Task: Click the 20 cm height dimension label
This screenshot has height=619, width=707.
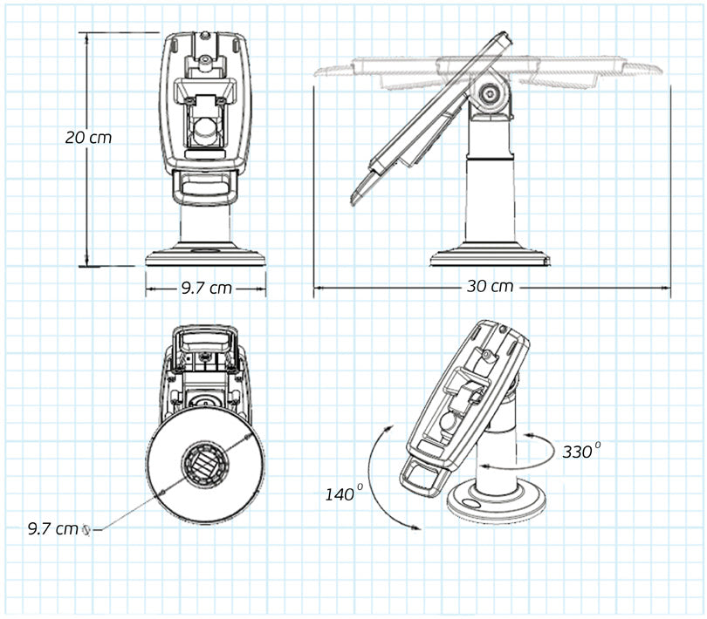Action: tap(88, 137)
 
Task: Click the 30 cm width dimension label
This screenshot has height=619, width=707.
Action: tap(490, 286)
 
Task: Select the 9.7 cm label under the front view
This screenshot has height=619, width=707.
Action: tap(207, 288)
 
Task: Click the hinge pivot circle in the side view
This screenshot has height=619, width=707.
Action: tap(491, 92)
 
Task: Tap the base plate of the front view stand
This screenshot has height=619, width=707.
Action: tap(205, 257)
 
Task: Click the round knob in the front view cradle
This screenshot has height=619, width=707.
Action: tap(204, 129)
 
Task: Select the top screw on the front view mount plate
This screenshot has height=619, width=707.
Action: tap(204, 58)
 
